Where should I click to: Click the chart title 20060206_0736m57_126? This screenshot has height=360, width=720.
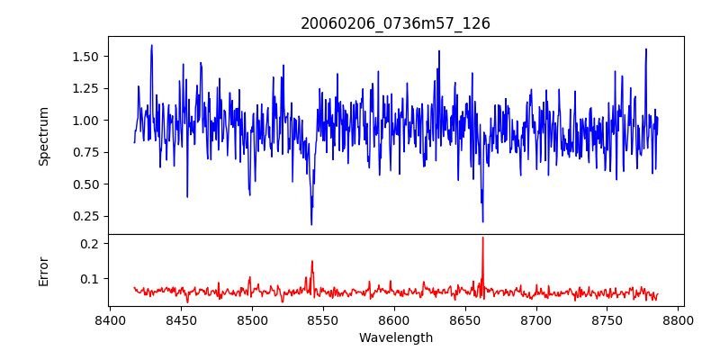[x=395, y=23]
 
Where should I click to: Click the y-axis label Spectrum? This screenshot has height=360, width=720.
[x=44, y=135]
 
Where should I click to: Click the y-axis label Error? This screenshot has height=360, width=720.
[x=44, y=270]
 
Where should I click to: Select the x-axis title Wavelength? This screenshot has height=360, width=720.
[x=395, y=338]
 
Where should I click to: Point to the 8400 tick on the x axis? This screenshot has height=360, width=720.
[x=110, y=319]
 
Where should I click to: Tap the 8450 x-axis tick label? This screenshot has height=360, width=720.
[x=181, y=319]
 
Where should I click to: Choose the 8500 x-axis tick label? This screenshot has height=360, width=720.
[x=252, y=319]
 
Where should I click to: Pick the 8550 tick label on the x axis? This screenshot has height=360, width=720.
[x=323, y=319]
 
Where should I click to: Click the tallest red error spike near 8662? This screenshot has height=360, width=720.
[x=482, y=238]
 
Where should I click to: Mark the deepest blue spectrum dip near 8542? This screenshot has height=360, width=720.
[x=311, y=224]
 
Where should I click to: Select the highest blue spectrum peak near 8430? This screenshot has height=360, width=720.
[x=151, y=46]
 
